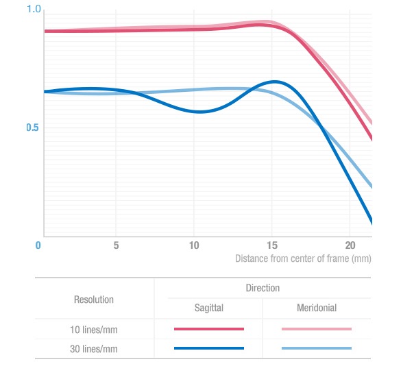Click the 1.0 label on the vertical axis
tap(34, 10)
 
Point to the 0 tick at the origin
tap(38, 245)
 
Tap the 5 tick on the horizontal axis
tap(116, 245)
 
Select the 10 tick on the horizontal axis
tap(194, 245)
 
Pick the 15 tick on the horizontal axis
tap(272, 245)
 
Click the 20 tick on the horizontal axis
tap(350, 245)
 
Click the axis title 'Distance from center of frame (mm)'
tap(302, 258)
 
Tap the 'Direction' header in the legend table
tap(263, 288)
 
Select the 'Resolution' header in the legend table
tap(94, 300)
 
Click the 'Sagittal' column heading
tap(208, 308)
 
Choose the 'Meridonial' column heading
tap(316, 308)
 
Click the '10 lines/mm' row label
tap(95, 330)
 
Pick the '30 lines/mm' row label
tap(95, 348)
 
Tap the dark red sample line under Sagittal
tap(209, 329)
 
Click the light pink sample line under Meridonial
tap(316, 329)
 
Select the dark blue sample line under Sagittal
tap(209, 348)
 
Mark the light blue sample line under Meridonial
tap(316, 348)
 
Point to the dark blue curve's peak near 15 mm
tap(275, 82)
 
